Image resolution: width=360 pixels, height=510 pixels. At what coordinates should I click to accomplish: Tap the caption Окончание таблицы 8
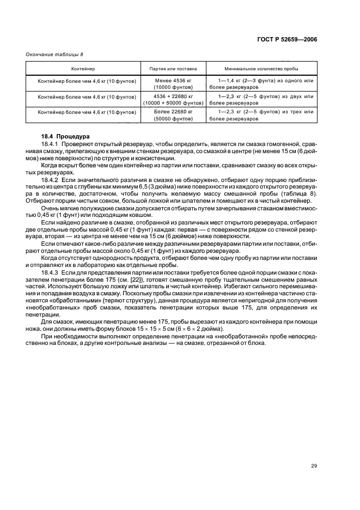coord(55,54)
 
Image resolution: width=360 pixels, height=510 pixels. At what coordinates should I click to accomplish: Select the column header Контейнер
coord(82,69)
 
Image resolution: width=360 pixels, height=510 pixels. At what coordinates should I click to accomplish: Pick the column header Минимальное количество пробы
coord(261,69)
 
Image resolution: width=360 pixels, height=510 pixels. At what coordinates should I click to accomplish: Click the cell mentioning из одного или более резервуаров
coord(261,84)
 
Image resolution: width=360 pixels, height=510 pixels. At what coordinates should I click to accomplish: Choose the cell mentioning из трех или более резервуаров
coord(261,115)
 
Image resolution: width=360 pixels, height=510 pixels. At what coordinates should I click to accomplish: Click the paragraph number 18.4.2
coord(51,179)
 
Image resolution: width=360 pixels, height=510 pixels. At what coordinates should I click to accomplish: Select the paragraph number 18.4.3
coord(51,271)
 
